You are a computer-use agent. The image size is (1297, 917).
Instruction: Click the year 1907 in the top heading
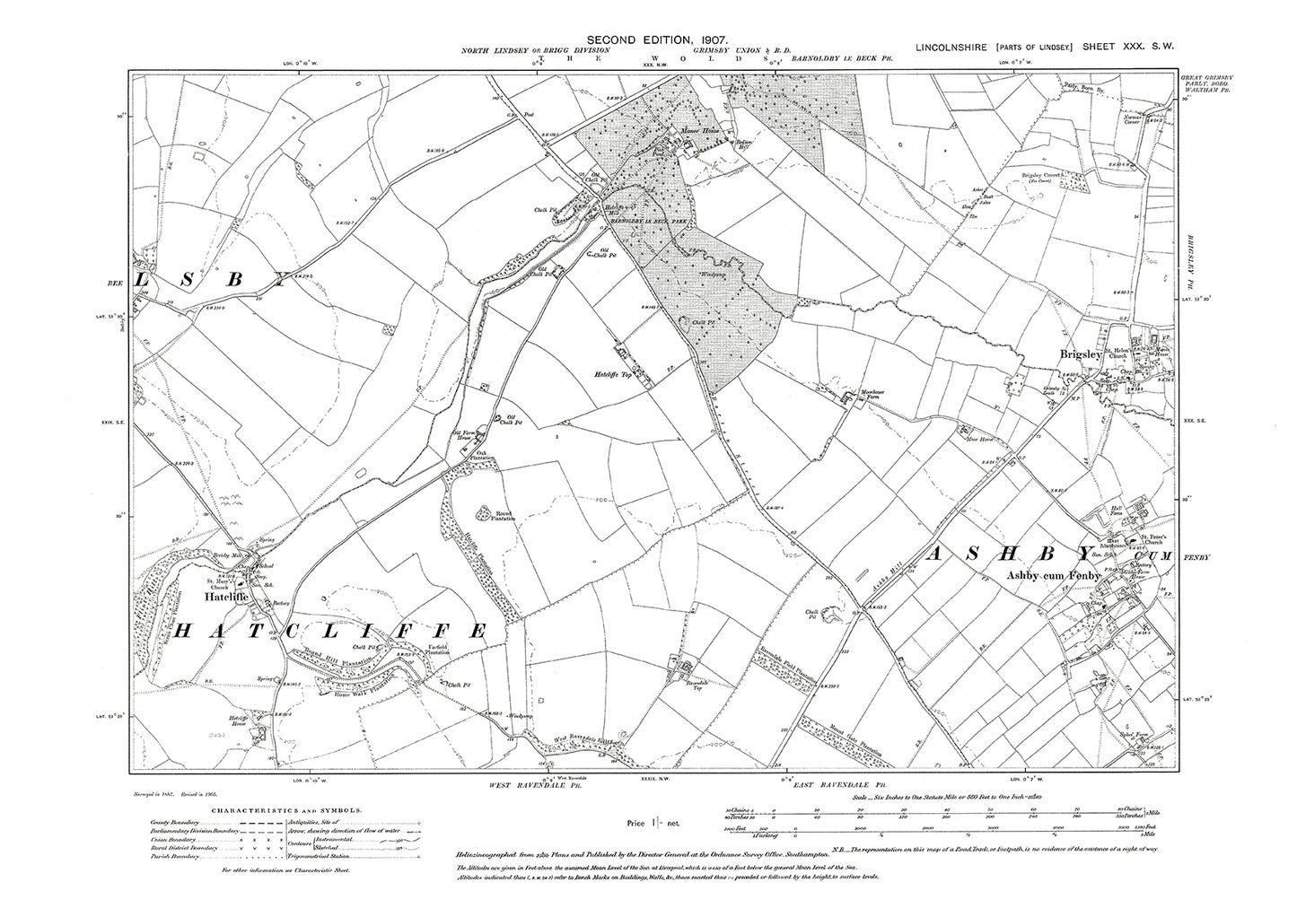[697, 40]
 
